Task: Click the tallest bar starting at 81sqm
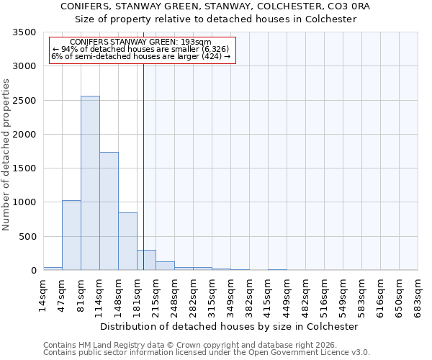coord(90,183)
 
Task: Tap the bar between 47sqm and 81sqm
coord(71,235)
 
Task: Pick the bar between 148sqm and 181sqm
coord(127,241)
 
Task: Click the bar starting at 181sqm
coord(146,260)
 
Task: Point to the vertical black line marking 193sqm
coord(144,158)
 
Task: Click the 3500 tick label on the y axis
coord(24,33)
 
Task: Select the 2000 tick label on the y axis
coord(24,135)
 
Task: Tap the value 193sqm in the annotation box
coord(195,42)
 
